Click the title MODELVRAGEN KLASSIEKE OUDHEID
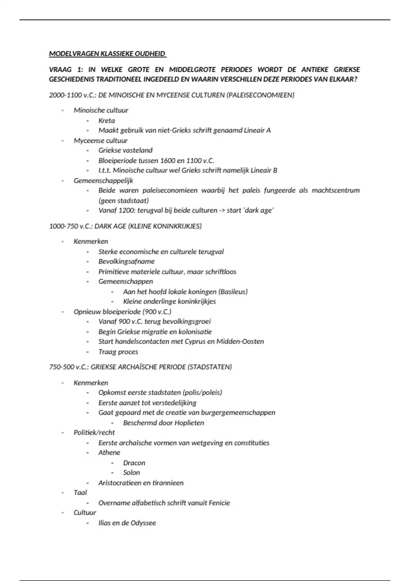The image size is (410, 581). pyautogui.click(x=107, y=54)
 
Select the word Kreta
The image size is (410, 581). pyautogui.click(x=107, y=120)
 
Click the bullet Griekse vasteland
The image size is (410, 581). pyautogui.click(x=125, y=150)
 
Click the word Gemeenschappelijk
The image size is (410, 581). pyautogui.click(x=103, y=180)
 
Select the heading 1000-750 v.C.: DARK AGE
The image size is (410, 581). pyautogui.click(x=125, y=226)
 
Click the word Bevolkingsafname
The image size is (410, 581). pyautogui.click(x=126, y=261)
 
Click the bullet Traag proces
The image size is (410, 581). pyautogui.click(x=118, y=352)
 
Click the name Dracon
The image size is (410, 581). pyautogui.click(x=134, y=463)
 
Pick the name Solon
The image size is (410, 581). pyautogui.click(x=132, y=473)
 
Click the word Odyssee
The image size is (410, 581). pyautogui.click(x=143, y=523)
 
